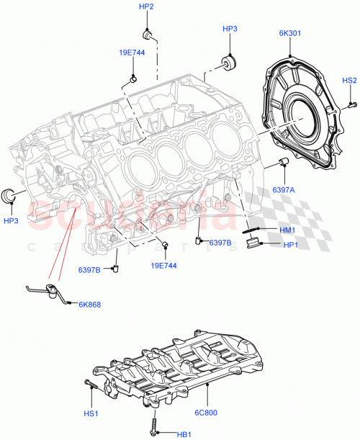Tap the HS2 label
coord(349,81)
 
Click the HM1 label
coord(287,230)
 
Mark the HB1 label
coord(184,434)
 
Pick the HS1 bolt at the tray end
coord(89,383)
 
